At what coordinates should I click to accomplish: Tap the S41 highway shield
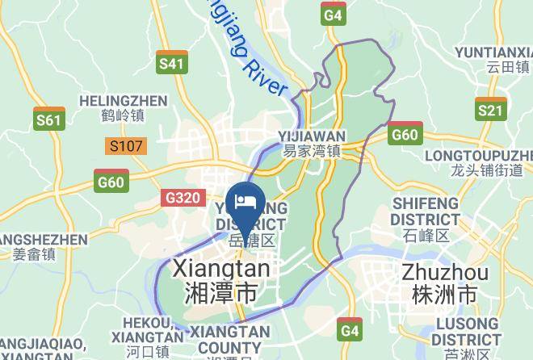click(x=171, y=63)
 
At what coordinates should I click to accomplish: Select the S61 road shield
click(x=49, y=119)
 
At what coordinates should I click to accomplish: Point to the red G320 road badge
click(x=183, y=198)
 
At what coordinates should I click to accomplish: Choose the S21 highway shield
click(x=490, y=110)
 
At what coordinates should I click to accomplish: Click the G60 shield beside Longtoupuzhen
click(x=404, y=133)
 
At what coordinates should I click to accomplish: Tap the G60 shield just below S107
click(x=111, y=181)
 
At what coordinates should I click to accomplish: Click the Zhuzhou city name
click(x=443, y=271)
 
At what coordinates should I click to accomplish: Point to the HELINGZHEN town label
click(x=124, y=101)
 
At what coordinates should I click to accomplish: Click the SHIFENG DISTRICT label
click(x=424, y=211)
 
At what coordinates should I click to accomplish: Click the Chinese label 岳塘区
click(x=252, y=241)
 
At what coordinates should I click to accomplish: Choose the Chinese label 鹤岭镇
click(x=124, y=116)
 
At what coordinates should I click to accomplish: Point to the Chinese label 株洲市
click(x=443, y=295)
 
